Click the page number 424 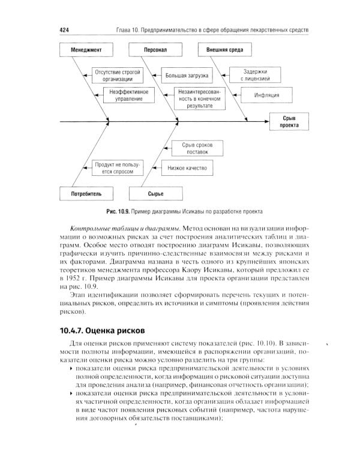65,31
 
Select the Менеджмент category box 85,49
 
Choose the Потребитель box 85,194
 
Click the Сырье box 155,194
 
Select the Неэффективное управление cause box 128,95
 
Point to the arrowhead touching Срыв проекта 266,122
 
